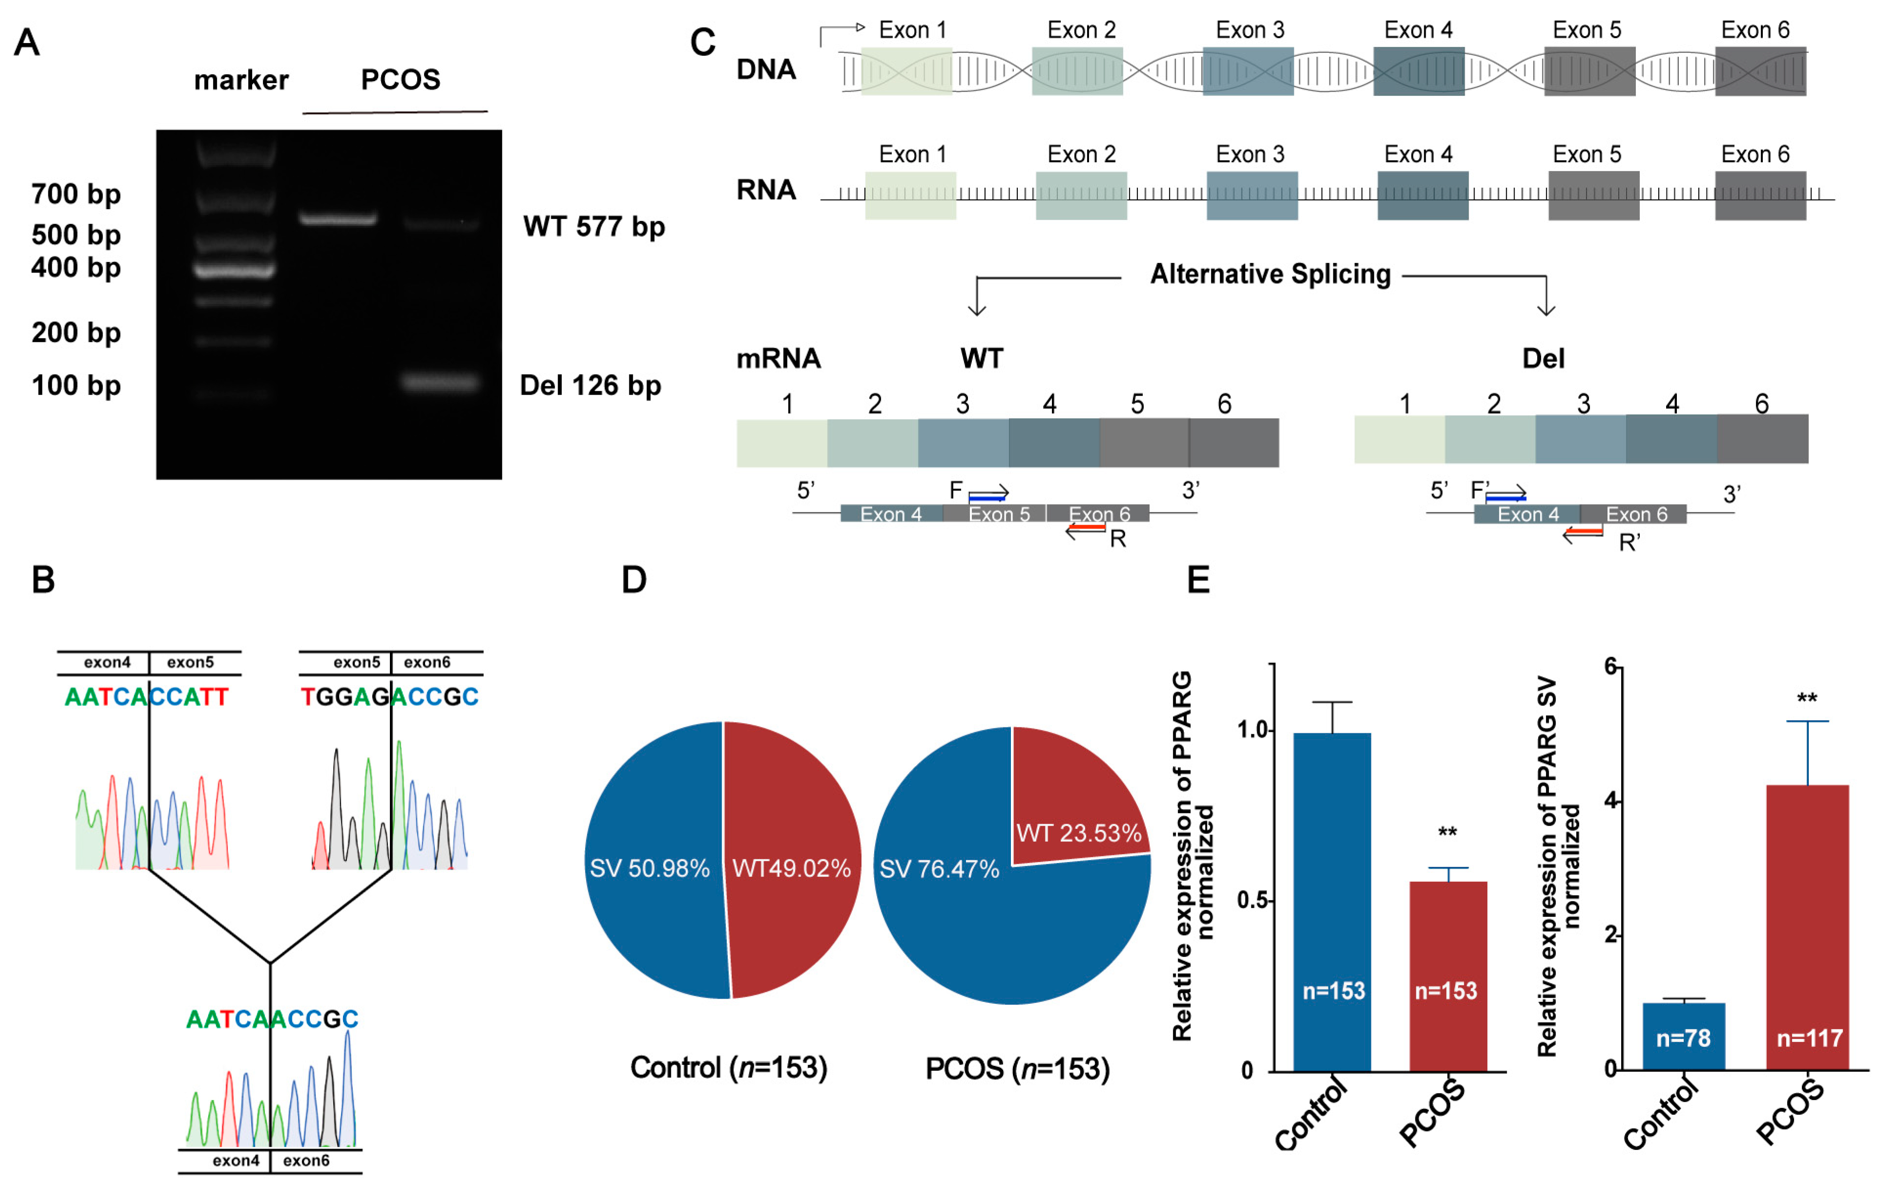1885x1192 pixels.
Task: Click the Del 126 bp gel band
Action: (x=439, y=382)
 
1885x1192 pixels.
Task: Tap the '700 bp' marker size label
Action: (x=76, y=193)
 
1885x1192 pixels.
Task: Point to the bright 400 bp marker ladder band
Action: (x=234, y=271)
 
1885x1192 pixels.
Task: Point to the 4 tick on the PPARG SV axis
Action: (x=1618, y=801)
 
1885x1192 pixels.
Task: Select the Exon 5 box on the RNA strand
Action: (x=1593, y=195)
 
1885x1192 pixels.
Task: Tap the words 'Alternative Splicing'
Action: (x=1270, y=274)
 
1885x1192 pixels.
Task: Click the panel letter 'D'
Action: (x=634, y=580)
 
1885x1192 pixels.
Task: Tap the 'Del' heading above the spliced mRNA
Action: (x=1542, y=359)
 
